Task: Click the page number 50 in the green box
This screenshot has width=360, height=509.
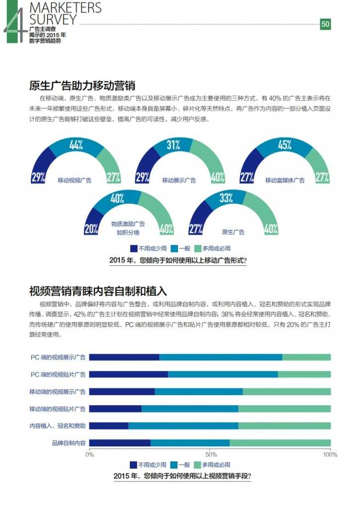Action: (x=325, y=24)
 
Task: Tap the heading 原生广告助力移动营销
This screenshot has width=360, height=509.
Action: (x=82, y=85)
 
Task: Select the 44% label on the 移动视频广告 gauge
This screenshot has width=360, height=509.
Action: (x=76, y=145)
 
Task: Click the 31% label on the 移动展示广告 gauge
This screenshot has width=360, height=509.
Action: (x=173, y=145)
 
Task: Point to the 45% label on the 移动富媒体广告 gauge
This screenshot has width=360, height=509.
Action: (x=284, y=145)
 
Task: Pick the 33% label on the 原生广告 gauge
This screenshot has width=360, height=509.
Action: (x=226, y=198)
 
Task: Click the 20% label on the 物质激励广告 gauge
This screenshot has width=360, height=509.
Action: (x=91, y=229)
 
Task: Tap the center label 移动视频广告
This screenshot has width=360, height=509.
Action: (x=75, y=180)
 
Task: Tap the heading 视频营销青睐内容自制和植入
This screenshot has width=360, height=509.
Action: (x=98, y=291)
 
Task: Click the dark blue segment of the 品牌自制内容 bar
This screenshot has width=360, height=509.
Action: (x=119, y=443)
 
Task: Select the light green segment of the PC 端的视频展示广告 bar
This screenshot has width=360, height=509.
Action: (x=306, y=357)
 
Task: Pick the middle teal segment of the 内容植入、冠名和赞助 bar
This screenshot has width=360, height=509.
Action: (x=183, y=426)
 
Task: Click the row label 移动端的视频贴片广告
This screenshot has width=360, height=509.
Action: (x=57, y=409)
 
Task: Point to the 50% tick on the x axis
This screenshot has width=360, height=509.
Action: (x=211, y=454)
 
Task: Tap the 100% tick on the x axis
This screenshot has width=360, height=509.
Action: (x=330, y=454)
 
